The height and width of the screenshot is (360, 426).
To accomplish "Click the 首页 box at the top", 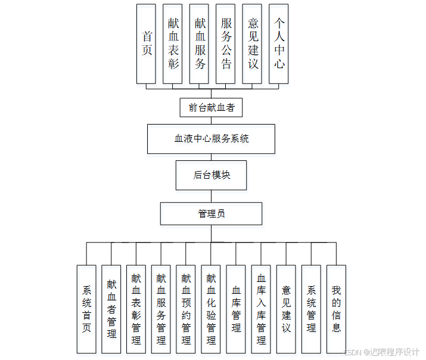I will (x=147, y=44).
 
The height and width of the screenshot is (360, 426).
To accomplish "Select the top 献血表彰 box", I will (x=173, y=44).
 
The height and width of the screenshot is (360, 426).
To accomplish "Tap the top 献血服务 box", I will (x=200, y=44).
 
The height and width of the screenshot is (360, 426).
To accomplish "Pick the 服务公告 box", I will (x=226, y=44).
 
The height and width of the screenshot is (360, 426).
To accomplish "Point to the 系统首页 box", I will (x=86, y=309).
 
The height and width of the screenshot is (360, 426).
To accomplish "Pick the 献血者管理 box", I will (x=111, y=309).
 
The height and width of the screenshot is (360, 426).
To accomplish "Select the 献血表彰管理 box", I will (x=136, y=309).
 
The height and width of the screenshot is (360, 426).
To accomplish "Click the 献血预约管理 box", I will (x=186, y=309).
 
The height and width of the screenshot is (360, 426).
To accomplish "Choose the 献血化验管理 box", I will (x=211, y=309).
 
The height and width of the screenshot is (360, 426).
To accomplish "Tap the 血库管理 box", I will (x=236, y=309).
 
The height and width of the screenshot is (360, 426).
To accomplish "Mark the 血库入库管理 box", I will (x=261, y=309).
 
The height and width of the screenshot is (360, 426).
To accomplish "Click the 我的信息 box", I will (x=336, y=309).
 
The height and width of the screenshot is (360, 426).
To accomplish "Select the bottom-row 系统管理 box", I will (x=311, y=309).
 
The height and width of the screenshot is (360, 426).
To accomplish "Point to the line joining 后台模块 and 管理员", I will (x=211, y=196).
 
